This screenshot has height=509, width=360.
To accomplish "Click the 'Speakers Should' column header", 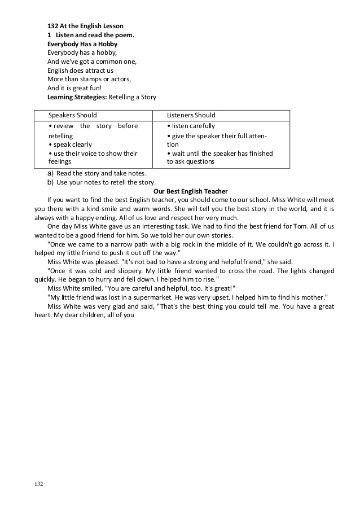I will (x=73, y=115).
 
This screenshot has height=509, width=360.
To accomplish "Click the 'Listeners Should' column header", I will (x=191, y=115).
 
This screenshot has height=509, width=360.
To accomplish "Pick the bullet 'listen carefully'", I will (x=192, y=126).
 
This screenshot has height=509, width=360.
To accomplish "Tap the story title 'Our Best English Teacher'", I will (x=191, y=191).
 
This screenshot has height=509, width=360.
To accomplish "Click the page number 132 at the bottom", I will (x=39, y=484).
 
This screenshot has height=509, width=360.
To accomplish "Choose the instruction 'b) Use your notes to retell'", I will (x=102, y=182).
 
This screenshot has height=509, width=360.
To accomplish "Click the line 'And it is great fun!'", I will (x=74, y=88).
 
